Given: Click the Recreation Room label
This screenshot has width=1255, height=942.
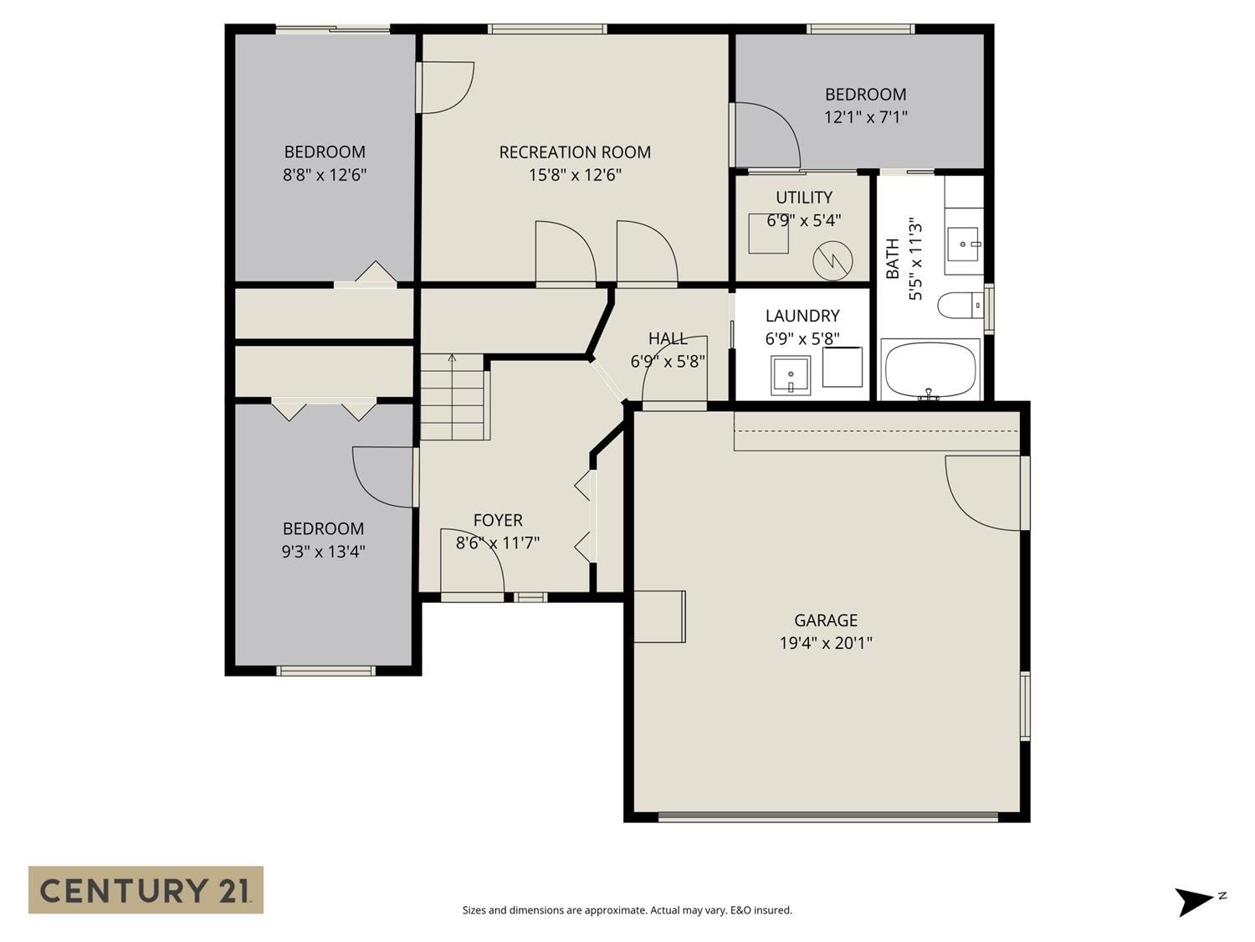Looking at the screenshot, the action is pyautogui.click(x=575, y=152).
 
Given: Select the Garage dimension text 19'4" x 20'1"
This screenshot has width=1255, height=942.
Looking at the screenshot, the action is pyautogui.click(x=826, y=643).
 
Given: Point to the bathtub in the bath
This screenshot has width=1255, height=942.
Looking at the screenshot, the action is pyautogui.click(x=930, y=369).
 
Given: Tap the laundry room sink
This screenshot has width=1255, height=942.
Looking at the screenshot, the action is pyautogui.click(x=791, y=375).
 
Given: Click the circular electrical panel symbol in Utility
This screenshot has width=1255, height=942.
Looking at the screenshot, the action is pyautogui.click(x=832, y=260).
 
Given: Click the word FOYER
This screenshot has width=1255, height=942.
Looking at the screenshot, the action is pyautogui.click(x=498, y=520).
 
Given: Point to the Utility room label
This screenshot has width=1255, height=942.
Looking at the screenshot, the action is pyautogui.click(x=803, y=198).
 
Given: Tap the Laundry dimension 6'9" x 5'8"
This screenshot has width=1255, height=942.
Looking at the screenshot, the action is pyautogui.click(x=802, y=339).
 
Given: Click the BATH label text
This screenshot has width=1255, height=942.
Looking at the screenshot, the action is pyautogui.click(x=892, y=259).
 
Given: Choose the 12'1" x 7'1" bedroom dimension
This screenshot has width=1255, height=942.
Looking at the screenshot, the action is pyautogui.click(x=866, y=117).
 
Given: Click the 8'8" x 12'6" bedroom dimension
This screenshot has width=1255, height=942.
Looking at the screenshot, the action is pyautogui.click(x=324, y=174).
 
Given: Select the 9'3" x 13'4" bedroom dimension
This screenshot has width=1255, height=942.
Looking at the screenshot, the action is pyautogui.click(x=323, y=551).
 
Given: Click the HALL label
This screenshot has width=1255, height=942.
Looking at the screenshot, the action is pyautogui.click(x=667, y=338).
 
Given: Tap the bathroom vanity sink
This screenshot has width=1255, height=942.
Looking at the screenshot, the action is pyautogui.click(x=964, y=245).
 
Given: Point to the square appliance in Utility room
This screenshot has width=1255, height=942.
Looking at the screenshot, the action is pyautogui.click(x=768, y=234).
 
